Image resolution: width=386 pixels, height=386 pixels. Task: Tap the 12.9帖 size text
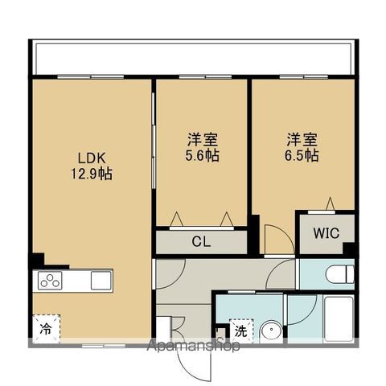pyautogui.click(x=90, y=172)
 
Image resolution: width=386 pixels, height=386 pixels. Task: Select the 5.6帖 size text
pyautogui.click(x=201, y=154)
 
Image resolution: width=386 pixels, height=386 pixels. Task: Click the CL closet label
pyautogui.click(x=201, y=240)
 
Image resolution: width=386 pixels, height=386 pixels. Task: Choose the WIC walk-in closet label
pyautogui.click(x=326, y=233)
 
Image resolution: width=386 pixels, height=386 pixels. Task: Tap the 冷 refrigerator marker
pyautogui.click(x=47, y=328)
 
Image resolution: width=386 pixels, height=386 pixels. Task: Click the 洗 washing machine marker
pyautogui.click(x=240, y=329)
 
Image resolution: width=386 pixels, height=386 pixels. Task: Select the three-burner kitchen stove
pyautogui.click(x=50, y=281)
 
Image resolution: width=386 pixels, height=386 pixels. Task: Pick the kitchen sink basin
pyautogui.click(x=101, y=280)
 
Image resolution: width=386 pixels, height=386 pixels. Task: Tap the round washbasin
pyautogui.click(x=272, y=330)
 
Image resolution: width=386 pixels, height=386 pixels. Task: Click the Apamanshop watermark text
pyautogui.click(x=193, y=347)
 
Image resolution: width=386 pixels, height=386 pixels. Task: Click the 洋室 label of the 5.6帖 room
pyautogui.click(x=201, y=139)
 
